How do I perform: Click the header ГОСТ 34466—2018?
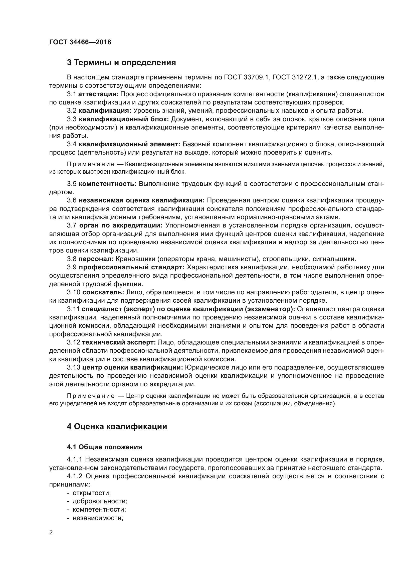tap(80, 42)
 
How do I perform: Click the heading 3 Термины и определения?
tap(121, 63)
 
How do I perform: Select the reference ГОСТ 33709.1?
tap(247, 77)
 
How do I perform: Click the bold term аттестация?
tap(98, 94)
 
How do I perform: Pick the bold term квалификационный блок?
tap(124, 119)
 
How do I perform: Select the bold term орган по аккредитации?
tap(121, 225)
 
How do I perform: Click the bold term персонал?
tap(96, 259)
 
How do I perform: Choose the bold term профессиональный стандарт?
tap(132, 267)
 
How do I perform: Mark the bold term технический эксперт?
tap(119, 342)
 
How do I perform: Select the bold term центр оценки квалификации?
tap(133, 367)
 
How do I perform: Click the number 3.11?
tap(73, 309)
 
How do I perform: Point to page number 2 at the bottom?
tap(51, 532)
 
